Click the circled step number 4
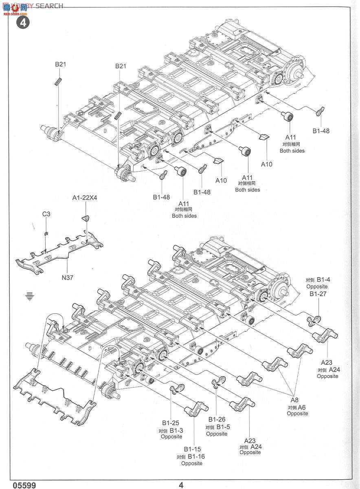tap(23, 22)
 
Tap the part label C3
tap(46, 214)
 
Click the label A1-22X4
tap(85, 198)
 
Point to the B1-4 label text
tap(322, 280)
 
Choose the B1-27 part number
tap(318, 294)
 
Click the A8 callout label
tap(294, 400)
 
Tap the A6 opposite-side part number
tap(302, 407)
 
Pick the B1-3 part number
tap(176, 430)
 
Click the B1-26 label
tap(217, 419)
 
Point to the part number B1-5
tap(223, 427)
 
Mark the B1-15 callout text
tap(192, 449)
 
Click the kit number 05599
tap(24, 485)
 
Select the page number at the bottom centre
tap(181, 485)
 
